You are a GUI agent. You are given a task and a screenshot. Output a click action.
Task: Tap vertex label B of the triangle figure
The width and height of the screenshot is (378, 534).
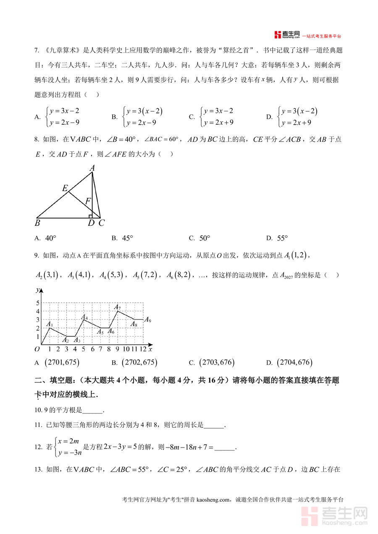(x=37, y=223)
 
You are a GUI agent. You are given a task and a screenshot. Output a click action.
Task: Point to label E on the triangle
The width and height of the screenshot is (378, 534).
(x=65, y=188)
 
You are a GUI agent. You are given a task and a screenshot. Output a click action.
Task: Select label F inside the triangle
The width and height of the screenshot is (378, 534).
(x=88, y=202)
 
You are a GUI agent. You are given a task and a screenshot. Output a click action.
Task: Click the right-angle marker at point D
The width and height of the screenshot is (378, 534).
(x=91, y=216)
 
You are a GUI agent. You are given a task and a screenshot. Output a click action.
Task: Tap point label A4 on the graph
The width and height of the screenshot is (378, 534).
(x=84, y=317)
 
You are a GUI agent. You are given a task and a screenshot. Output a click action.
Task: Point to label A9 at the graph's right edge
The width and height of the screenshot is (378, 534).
(x=147, y=320)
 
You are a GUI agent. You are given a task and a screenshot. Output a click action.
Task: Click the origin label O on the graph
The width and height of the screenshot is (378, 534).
(x=37, y=349)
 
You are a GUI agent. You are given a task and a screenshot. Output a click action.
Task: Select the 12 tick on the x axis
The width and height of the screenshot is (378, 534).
(x=143, y=349)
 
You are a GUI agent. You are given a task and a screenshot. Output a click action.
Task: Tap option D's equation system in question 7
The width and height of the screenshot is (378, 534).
(x=297, y=117)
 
